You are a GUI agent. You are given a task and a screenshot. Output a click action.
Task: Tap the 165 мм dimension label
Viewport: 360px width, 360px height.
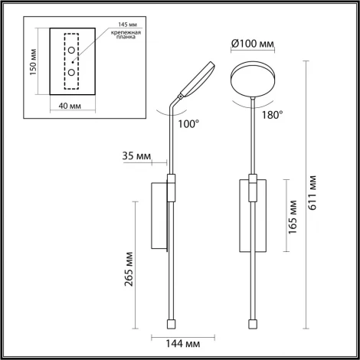pos(292,217)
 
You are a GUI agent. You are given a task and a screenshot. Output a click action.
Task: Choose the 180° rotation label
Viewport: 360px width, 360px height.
pos(271,114)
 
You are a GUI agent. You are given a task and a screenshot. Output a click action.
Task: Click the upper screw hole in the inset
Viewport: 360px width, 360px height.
pos(71,51)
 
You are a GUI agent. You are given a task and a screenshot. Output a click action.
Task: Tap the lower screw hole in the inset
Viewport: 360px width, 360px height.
pos(71,72)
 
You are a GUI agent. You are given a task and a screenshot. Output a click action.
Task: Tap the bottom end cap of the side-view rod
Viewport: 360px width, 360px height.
pos(170,316)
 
